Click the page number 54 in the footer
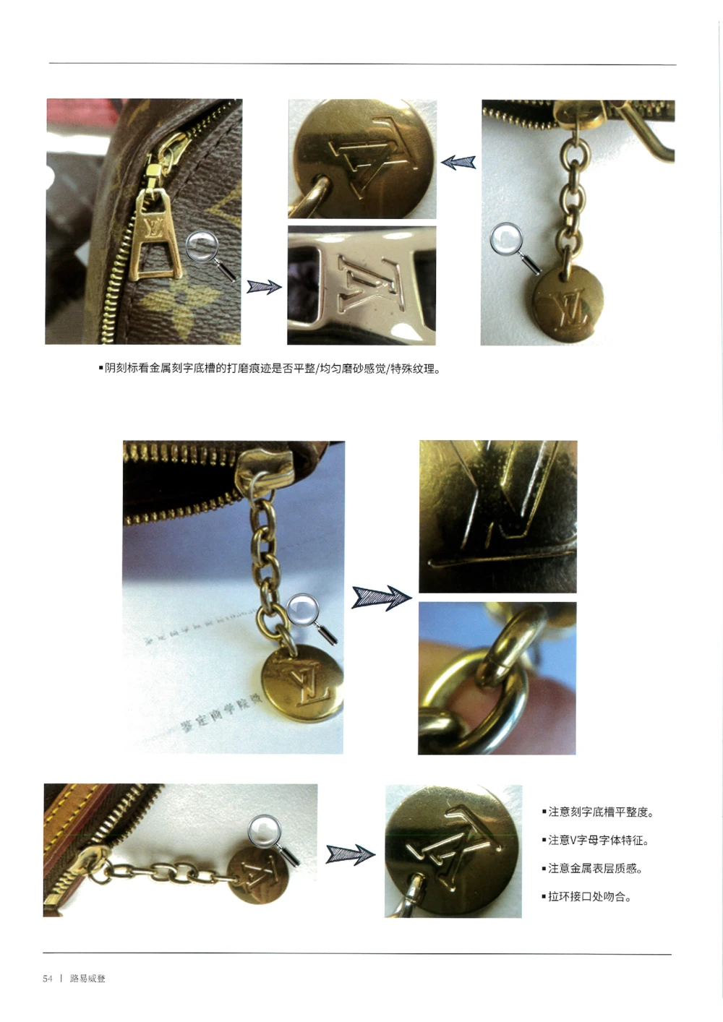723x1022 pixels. (48, 979)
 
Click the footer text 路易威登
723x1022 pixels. (87, 979)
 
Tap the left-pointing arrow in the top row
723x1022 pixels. (458, 162)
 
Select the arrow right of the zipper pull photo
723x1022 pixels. (264, 287)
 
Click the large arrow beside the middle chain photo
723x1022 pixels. (381, 598)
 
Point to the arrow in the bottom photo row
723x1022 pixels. (350, 854)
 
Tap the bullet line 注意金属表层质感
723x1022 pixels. (592, 869)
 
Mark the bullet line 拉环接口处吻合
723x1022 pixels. (586, 897)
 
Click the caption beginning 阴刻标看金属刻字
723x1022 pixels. (270, 369)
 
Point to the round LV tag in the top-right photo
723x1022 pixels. (568, 304)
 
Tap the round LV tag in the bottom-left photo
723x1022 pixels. (258, 875)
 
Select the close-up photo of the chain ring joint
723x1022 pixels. (497, 678)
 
